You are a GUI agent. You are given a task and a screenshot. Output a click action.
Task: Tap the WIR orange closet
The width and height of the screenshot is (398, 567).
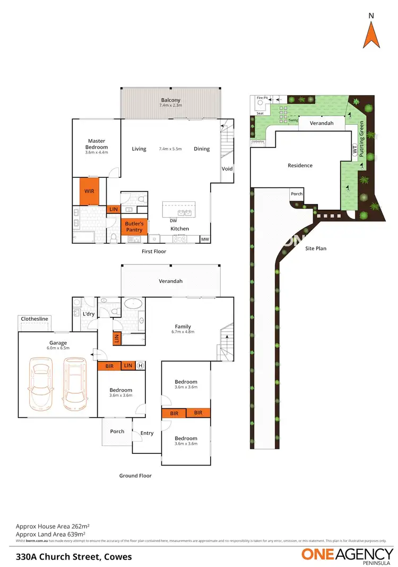click(x=89, y=190)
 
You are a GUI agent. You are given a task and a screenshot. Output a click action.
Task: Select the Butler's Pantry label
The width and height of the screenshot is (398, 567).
click(x=134, y=227)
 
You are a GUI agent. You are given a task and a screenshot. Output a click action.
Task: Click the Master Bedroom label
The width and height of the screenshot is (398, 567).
click(x=97, y=144)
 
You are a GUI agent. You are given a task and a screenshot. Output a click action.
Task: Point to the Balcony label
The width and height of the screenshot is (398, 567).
click(x=170, y=100)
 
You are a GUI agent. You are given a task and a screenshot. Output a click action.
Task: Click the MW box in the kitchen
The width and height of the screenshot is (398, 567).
click(x=205, y=239)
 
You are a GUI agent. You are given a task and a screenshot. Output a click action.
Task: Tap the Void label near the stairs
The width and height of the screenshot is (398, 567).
click(x=227, y=169)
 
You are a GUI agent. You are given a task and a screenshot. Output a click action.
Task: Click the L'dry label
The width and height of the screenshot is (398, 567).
click(x=88, y=314)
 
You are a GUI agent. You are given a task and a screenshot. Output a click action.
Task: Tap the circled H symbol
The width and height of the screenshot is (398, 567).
click(x=141, y=365)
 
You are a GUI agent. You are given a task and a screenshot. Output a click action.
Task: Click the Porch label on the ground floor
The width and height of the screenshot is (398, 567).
click(x=117, y=431)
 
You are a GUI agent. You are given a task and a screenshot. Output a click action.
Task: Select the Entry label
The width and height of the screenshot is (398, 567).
click(x=147, y=433)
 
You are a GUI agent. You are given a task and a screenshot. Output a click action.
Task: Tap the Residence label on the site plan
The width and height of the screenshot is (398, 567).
click(x=300, y=166)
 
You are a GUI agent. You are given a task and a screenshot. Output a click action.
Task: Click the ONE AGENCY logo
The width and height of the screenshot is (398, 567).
click(x=347, y=555)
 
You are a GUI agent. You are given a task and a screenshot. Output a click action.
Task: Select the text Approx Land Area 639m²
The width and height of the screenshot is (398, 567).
click(x=50, y=534)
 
